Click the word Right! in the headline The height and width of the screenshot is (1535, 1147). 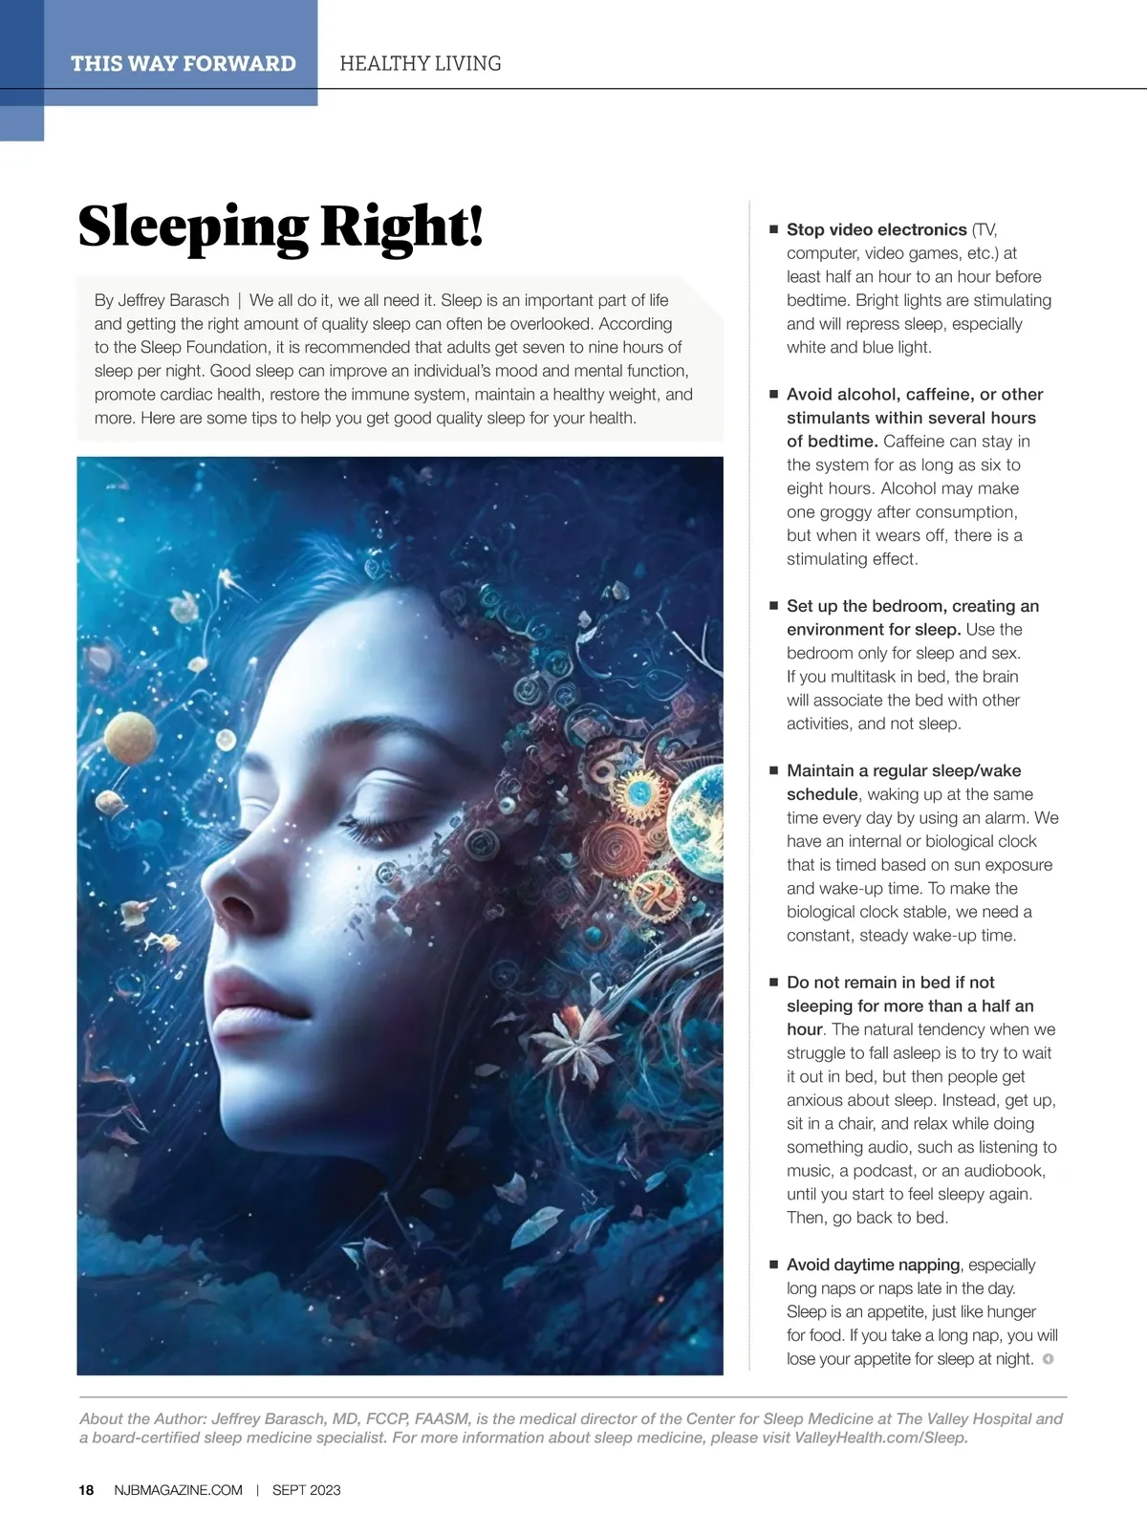pos(401,227)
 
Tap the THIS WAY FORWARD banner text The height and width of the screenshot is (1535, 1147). pos(183,63)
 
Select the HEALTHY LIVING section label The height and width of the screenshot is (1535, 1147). pos(420,63)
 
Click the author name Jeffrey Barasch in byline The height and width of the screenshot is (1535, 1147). pos(173,300)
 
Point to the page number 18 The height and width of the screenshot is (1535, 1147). pos(86,1489)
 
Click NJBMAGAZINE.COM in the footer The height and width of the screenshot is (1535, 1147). pos(178,1489)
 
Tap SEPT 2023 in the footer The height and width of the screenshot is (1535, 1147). pos(306,1489)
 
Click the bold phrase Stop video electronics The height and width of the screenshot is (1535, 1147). pos(876,229)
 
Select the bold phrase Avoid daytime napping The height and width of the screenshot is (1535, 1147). pos(873,1265)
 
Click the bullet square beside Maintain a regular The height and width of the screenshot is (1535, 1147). pos(774,769)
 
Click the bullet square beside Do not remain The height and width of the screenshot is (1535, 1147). pos(774,982)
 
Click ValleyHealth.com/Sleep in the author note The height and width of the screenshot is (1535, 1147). pos(880,1438)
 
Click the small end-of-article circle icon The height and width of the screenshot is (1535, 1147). pos(1048,1358)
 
